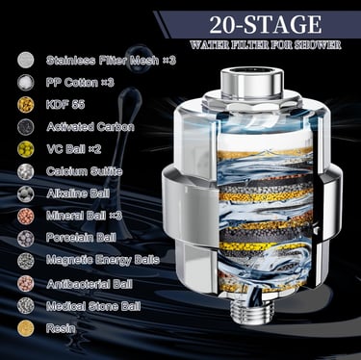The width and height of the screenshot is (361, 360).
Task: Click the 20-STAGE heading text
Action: [265, 24]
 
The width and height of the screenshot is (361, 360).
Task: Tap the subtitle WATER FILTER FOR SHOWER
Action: [266, 44]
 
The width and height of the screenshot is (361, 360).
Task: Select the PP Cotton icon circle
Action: [26, 82]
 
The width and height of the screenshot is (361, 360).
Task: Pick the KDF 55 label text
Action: [65, 104]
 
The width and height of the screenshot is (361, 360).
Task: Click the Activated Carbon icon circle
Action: [26, 126]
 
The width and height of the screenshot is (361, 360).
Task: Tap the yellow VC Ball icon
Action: [26, 148]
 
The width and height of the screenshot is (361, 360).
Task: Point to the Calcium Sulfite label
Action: [84, 171]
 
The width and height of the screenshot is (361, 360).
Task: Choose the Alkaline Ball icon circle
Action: [26, 193]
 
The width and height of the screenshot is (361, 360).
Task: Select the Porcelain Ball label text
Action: [81, 238]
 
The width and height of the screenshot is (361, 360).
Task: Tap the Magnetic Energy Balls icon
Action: [26, 261]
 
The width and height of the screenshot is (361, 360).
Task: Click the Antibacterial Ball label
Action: [90, 284]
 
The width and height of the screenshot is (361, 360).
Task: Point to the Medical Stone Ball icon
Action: [26, 305]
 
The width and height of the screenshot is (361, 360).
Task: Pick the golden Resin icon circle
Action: [26, 327]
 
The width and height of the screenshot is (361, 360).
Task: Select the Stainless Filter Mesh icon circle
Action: [26, 60]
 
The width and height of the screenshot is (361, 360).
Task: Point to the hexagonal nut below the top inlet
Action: [252, 103]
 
